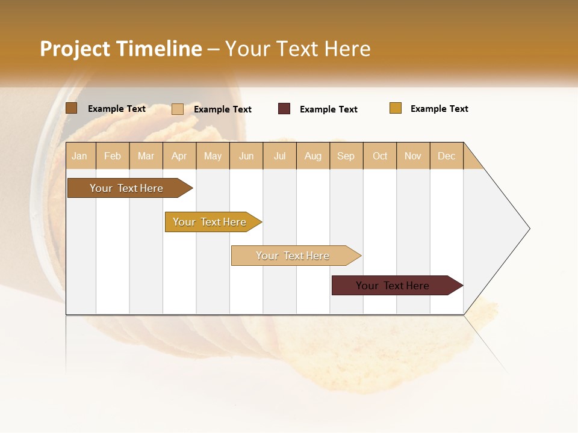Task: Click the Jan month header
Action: pos(80,156)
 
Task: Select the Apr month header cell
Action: pos(179,156)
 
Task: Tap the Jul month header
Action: pos(280,156)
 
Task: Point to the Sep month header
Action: pos(346,156)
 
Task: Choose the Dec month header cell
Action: pos(446,156)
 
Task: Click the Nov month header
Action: pos(413,156)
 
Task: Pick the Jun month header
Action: pos(246,156)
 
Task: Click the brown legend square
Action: pos(71,108)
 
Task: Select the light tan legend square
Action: pos(177,109)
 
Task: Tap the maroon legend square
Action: pos(284,109)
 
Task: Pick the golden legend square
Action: pos(395,108)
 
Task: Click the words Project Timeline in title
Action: pos(120,49)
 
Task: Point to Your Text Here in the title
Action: pos(298,49)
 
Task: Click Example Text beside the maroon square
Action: pos(328,109)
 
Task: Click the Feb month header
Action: pos(113,156)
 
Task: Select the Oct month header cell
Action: pos(380,156)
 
